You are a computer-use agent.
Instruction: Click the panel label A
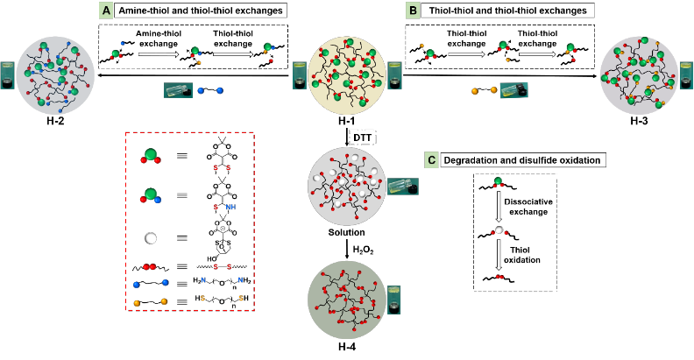(x=106, y=11)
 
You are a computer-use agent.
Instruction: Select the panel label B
(x=413, y=11)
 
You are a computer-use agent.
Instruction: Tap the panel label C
(x=431, y=159)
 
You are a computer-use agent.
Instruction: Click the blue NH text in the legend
(x=230, y=208)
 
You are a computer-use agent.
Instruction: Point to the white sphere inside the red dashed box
(x=151, y=238)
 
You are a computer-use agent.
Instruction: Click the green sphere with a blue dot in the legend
(x=151, y=194)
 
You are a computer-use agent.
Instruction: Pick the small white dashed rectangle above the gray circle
(x=362, y=138)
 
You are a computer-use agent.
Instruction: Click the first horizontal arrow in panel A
(x=158, y=54)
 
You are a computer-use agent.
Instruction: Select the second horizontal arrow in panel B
(x=536, y=54)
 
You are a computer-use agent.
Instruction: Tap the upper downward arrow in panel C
(x=499, y=206)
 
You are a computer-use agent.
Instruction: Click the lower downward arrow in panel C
(x=499, y=254)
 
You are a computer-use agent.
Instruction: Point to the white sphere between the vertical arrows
(x=499, y=230)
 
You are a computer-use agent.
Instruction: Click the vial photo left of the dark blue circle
(x=7, y=75)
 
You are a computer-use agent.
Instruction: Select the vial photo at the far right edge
(x=686, y=75)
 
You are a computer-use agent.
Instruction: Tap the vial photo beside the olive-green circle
(x=393, y=300)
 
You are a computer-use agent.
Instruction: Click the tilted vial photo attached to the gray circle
(x=403, y=187)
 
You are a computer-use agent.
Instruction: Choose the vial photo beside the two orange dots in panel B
(x=514, y=90)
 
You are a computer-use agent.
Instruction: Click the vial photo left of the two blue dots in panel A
(x=178, y=90)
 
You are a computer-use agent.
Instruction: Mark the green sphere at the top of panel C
(x=499, y=181)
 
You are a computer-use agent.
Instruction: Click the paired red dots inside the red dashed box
(x=150, y=266)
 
